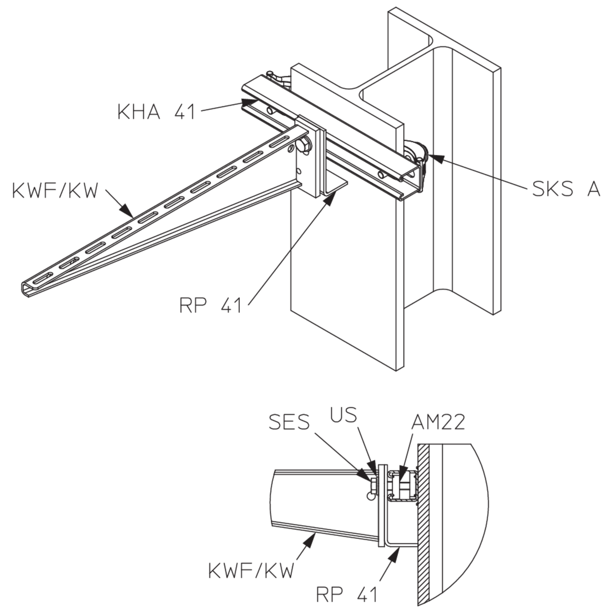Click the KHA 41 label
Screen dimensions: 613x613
click(x=156, y=112)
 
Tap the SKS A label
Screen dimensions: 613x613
click(x=566, y=189)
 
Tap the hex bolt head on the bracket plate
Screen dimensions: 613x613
click(x=304, y=146)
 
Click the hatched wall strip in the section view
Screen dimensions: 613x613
click(x=423, y=524)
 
